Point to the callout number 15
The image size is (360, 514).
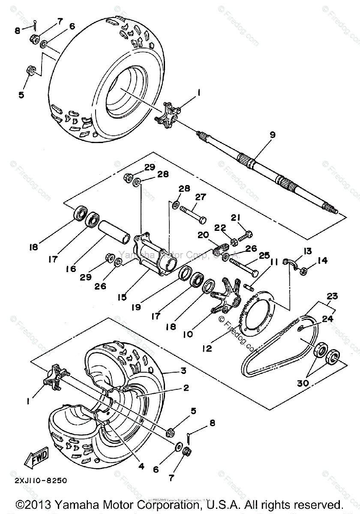(123, 297)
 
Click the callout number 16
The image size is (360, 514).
(71, 269)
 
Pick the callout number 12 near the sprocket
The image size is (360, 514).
(207, 349)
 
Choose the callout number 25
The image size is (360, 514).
(264, 256)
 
